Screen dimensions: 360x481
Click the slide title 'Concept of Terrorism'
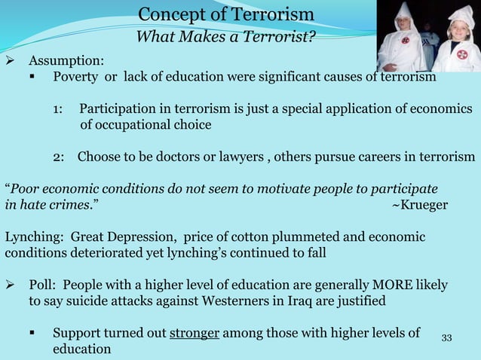tap(227, 15)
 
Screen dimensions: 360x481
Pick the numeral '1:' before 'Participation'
tap(58, 109)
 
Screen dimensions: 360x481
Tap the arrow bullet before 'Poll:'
tap(11, 285)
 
